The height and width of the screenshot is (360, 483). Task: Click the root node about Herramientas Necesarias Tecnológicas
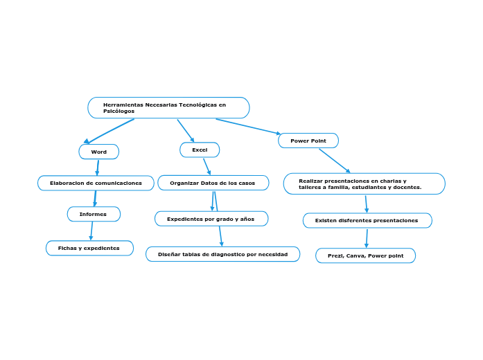click(168, 107)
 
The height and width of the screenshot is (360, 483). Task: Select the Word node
click(99, 152)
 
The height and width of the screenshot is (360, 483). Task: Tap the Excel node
click(200, 150)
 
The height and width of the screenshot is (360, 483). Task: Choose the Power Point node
click(308, 141)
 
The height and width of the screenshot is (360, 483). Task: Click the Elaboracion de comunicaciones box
click(96, 183)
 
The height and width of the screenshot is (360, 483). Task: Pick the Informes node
click(94, 214)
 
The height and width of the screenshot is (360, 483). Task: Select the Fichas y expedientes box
click(89, 248)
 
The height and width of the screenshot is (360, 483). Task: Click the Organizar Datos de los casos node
click(213, 183)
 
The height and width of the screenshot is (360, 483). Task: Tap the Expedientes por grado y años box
click(211, 219)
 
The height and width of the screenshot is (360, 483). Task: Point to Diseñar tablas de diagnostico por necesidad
click(222, 254)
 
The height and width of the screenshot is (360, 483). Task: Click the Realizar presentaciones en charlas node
click(364, 183)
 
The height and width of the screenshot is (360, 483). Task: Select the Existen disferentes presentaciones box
click(367, 220)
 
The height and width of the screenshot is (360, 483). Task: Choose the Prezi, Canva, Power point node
click(365, 255)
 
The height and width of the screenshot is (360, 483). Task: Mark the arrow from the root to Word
click(109, 131)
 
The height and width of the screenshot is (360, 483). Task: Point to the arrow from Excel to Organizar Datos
click(207, 166)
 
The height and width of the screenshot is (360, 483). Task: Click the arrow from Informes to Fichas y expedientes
click(91, 231)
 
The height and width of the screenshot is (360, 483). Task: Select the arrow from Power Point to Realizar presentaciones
click(335, 161)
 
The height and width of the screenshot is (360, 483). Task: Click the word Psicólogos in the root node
click(119, 111)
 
